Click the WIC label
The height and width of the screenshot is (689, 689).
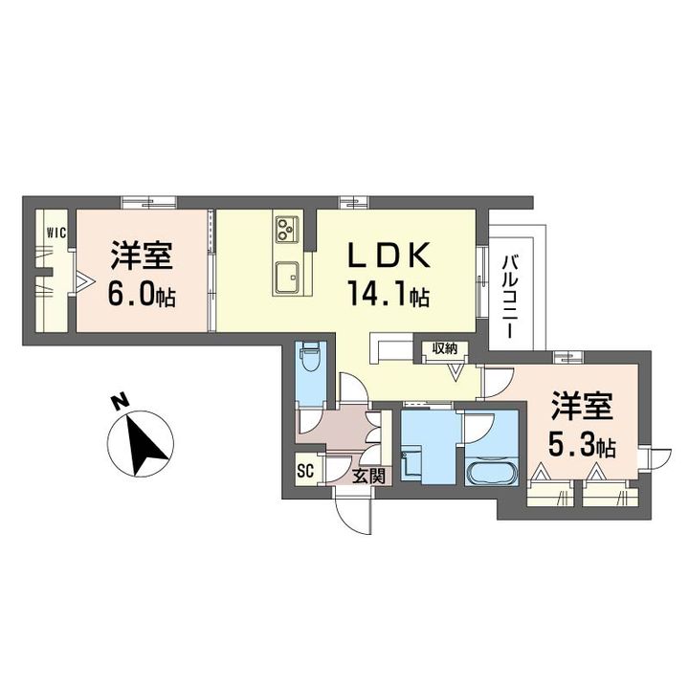57,232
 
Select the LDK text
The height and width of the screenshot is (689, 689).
389,256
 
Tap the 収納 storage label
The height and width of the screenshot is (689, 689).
445,348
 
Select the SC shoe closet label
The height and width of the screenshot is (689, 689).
305,471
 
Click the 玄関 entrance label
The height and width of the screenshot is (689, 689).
369,476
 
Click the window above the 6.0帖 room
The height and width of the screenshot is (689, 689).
149,202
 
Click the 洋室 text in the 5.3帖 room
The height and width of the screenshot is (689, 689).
582,406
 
